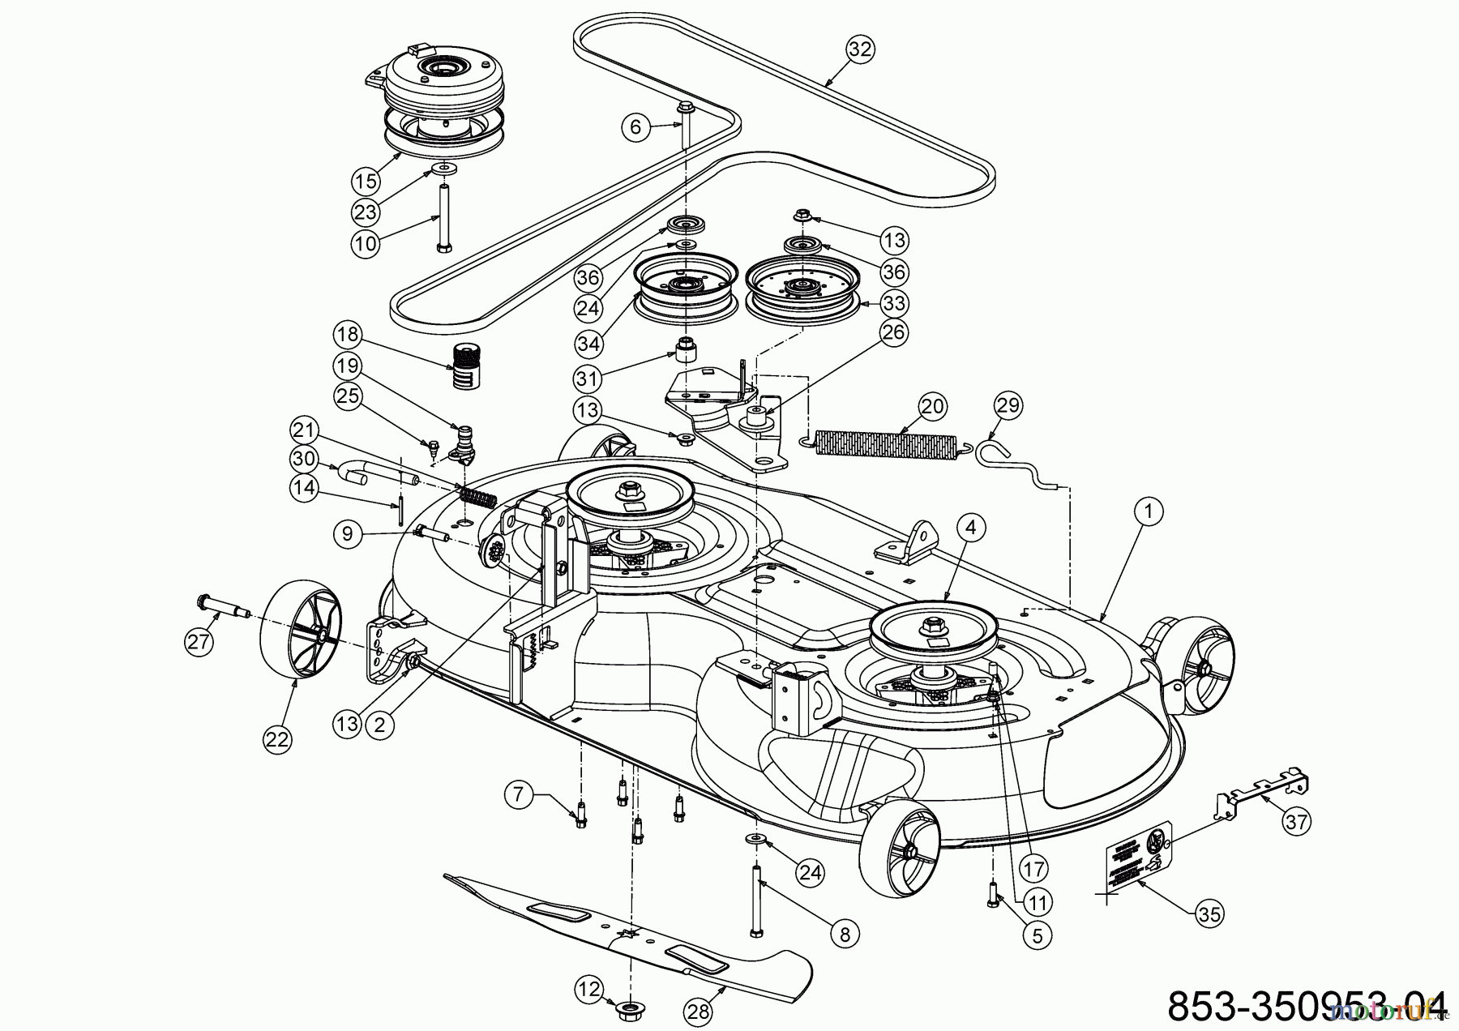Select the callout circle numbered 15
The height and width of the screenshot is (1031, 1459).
366,179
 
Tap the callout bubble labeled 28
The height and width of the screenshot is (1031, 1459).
699,1011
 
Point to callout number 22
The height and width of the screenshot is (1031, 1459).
277,738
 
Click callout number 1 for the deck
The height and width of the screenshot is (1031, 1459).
1149,511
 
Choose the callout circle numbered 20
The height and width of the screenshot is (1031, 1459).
933,406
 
